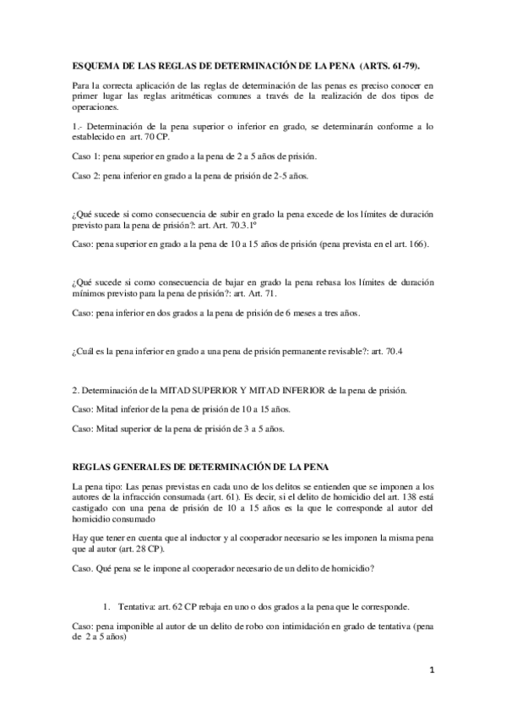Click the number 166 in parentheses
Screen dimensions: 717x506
416,244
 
